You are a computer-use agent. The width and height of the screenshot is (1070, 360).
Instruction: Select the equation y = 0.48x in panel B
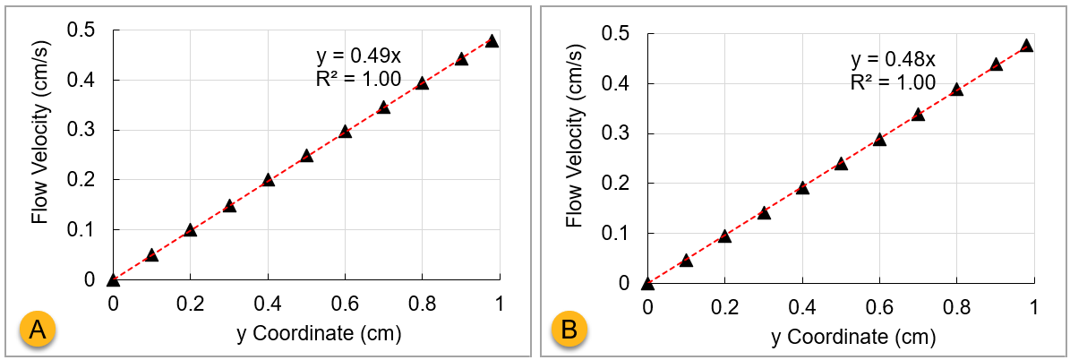893,60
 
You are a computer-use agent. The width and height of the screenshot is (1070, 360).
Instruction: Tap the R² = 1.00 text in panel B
893,82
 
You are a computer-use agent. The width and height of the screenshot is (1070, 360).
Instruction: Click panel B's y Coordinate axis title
841,338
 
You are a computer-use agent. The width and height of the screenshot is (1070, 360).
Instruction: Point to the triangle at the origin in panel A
113,279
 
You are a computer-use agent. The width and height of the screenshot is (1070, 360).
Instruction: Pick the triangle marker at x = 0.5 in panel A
306,156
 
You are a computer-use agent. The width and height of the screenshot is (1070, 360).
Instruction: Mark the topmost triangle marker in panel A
492,40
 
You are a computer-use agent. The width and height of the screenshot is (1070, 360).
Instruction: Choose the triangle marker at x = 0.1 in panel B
686,261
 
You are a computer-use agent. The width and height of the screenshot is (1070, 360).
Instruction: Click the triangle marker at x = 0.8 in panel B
956,89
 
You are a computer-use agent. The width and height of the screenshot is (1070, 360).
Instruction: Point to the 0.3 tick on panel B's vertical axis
617,133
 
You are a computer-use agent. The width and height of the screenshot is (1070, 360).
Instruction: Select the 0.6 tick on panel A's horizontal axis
345,303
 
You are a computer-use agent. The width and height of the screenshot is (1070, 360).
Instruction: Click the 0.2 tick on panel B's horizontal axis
724,306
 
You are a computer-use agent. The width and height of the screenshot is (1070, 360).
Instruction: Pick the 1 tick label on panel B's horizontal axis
1034,306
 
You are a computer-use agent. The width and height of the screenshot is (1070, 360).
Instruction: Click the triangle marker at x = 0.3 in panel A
229,206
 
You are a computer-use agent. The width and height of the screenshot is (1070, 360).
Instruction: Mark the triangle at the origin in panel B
647,284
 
